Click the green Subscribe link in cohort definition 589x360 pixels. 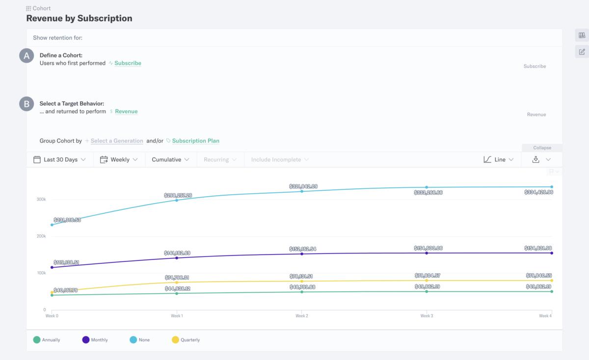(128, 63)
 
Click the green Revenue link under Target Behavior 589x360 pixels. (126, 111)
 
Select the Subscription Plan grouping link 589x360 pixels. (195, 141)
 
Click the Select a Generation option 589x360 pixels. (117, 141)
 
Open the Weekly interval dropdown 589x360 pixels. (119, 159)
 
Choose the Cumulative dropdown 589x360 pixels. (170, 159)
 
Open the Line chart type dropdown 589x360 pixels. (499, 159)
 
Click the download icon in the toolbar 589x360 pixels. (536, 159)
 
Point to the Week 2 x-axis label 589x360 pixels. (302, 316)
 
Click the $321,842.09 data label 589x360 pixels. (303, 186)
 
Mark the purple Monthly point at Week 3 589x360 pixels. (427, 253)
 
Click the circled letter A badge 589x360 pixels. (27, 55)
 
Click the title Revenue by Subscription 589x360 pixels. (79, 19)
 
